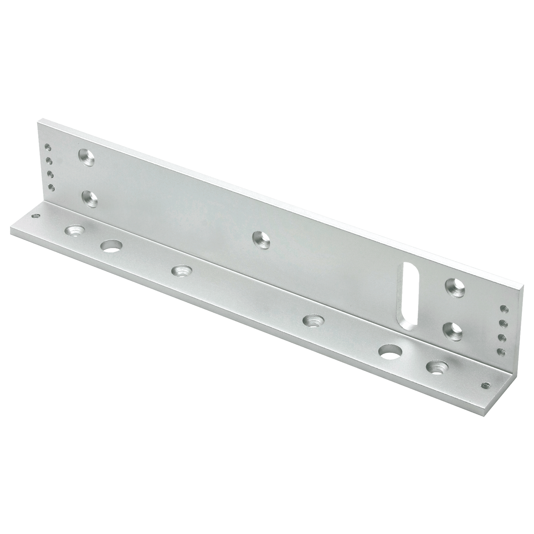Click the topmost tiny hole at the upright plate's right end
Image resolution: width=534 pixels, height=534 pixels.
tap(503, 308)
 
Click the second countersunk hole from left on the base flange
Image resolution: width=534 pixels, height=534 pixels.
tap(181, 271)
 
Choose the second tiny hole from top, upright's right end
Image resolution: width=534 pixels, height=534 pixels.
tap(502, 323)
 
